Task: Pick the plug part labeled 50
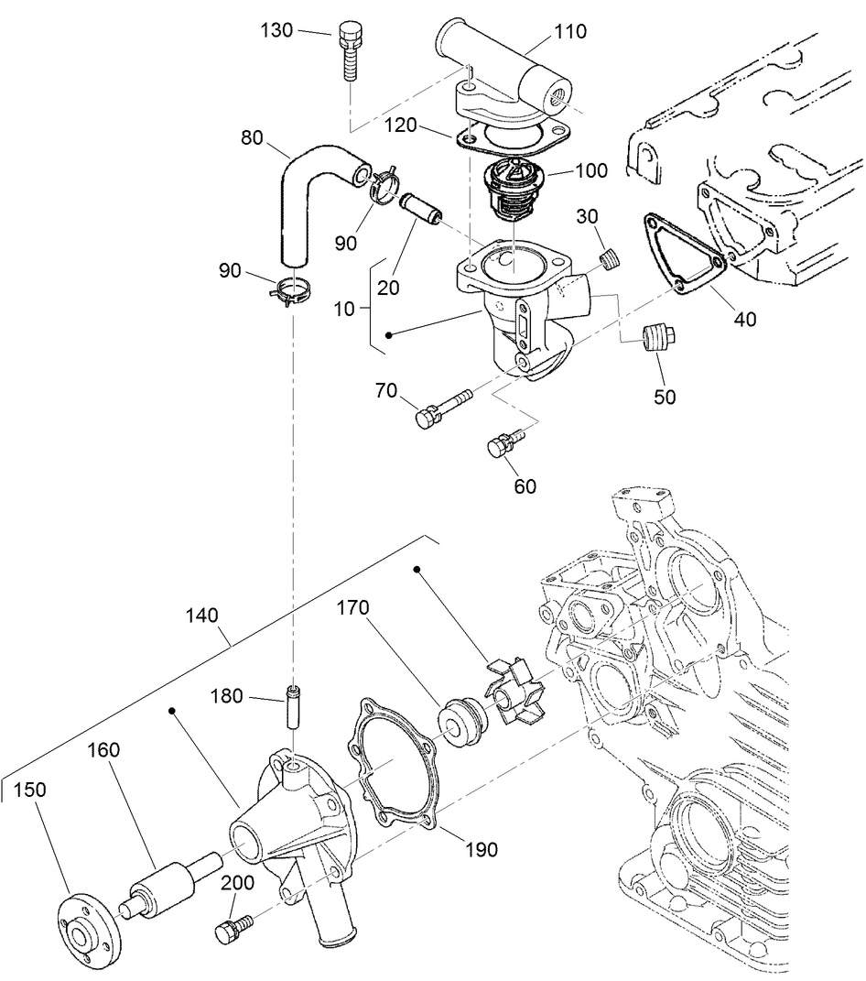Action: [x=657, y=339]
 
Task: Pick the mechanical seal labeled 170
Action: [x=461, y=720]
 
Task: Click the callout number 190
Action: [x=482, y=850]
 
